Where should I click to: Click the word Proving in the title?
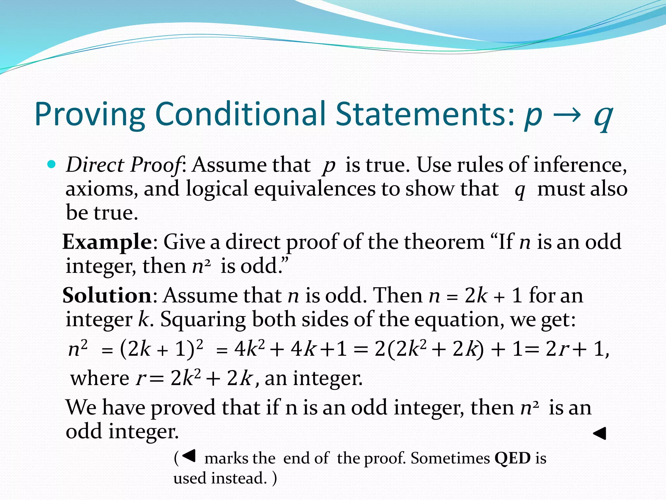[x=90, y=115]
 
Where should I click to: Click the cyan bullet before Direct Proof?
[x=51, y=164]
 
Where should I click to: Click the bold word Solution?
[x=107, y=296]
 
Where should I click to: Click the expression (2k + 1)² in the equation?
[x=161, y=349]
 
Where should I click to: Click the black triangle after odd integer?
[x=600, y=433]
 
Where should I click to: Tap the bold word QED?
[x=513, y=458]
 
